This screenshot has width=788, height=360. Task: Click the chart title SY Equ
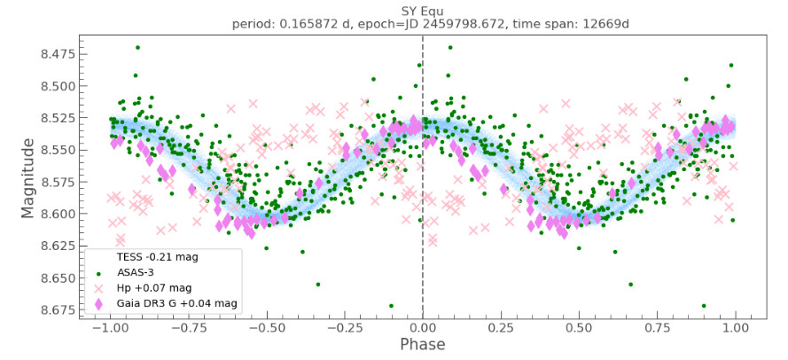[x=422, y=10]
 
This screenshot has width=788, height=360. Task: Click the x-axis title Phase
[x=422, y=344]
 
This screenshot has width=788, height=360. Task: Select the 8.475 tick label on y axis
[x=51, y=54]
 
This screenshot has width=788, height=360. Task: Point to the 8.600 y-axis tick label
[x=51, y=214]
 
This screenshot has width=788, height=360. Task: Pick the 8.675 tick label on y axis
[x=51, y=309]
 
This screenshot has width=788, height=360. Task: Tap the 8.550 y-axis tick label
[x=51, y=150]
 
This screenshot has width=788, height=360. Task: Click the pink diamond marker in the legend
[x=98, y=304]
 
